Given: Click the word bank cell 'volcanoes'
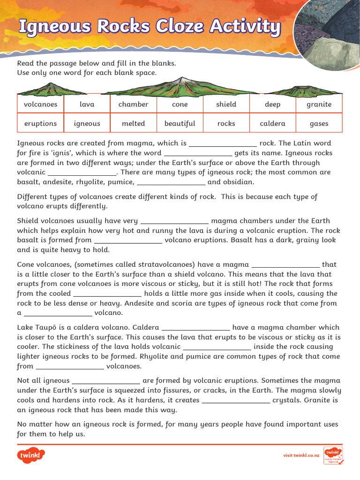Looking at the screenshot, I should click(40, 104).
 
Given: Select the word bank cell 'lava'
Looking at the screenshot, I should click(87, 104).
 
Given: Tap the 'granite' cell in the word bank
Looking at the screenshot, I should click(319, 104).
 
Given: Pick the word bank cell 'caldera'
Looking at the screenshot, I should click(272, 124).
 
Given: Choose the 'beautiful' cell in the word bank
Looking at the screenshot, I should click(180, 124).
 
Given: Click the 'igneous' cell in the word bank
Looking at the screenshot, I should click(87, 124).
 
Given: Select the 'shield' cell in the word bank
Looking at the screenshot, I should click(226, 104).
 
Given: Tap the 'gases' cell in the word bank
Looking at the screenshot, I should click(319, 124).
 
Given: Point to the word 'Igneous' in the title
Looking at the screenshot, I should click(53, 27).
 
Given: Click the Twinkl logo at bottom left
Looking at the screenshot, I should click(30, 455).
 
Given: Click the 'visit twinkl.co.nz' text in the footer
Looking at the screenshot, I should click(301, 455).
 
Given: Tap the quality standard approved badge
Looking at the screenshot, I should click(333, 455).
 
